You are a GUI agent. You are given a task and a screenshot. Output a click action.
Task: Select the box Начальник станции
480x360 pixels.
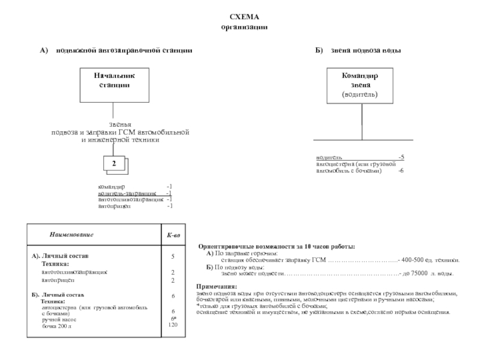[x=114, y=85]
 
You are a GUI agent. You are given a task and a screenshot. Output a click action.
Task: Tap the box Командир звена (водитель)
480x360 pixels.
[x=360, y=85]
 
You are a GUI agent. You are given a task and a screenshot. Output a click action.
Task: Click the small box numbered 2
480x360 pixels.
[x=115, y=163]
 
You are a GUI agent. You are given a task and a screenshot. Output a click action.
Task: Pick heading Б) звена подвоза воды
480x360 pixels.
[x=358, y=51]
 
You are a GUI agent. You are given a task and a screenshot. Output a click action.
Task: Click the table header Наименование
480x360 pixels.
[x=71, y=234]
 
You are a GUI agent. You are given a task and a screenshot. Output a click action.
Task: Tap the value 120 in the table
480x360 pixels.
[x=173, y=325]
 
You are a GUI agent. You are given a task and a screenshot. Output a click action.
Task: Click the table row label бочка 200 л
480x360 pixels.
[x=56, y=326]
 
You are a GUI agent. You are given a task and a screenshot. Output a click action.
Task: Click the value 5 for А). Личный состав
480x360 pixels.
[x=173, y=256]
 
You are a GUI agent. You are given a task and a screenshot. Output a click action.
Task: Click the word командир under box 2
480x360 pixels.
[x=112, y=187]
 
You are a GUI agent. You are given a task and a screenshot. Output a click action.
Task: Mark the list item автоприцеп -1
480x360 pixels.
[x=135, y=206]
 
